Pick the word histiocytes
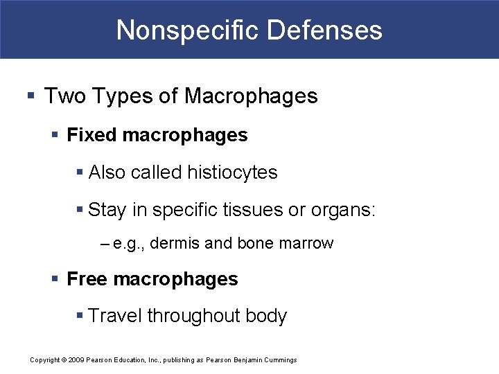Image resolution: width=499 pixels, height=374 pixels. pyautogui.click(x=233, y=172)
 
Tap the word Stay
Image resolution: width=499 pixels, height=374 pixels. pyautogui.click(x=107, y=210)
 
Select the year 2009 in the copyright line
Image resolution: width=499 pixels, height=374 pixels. pyautogui.click(x=76, y=360)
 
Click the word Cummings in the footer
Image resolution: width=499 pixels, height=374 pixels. pyautogui.click(x=279, y=360)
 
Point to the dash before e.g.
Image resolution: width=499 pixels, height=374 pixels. pyautogui.click(x=105, y=244)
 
